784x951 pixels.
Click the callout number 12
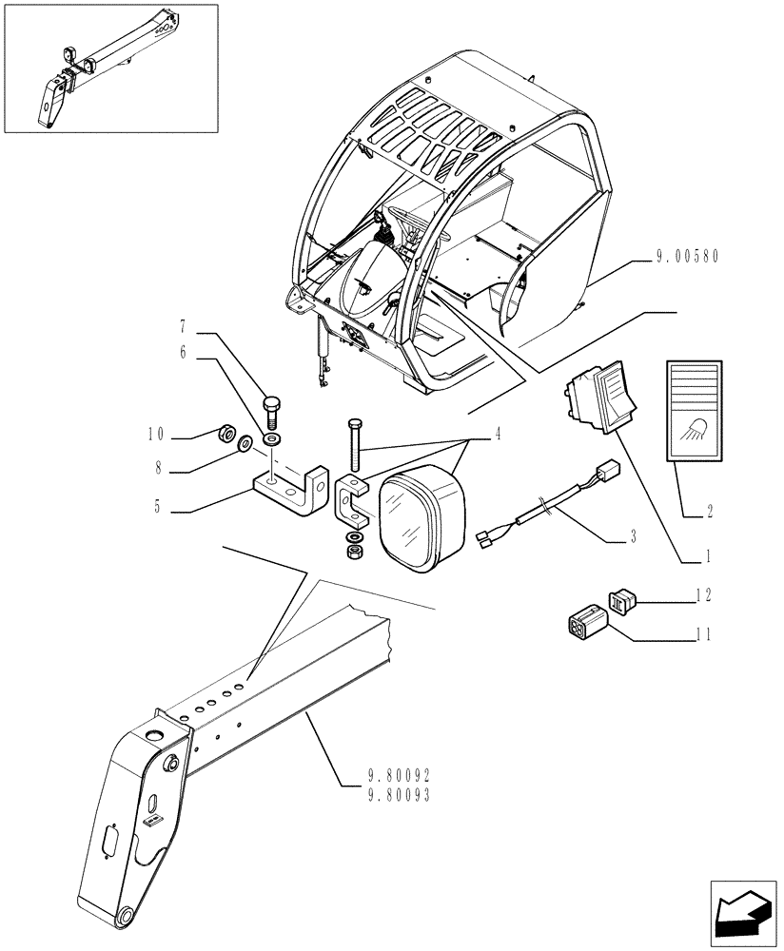tap(703, 595)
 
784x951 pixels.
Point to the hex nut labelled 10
tap(227, 433)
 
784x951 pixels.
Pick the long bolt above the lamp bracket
tap(355, 444)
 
